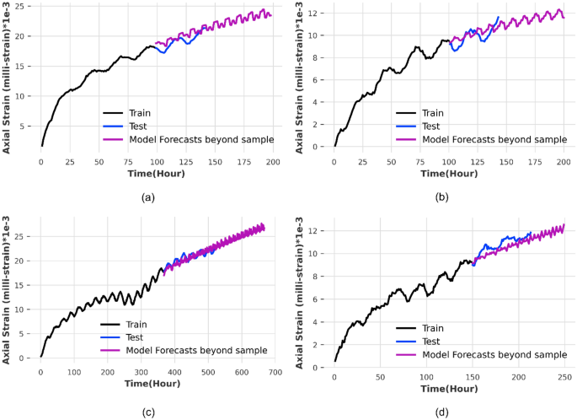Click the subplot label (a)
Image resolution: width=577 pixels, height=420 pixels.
point(145,197)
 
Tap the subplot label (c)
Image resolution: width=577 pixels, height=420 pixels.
point(145,412)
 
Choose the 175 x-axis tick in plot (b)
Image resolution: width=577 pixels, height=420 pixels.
point(535,161)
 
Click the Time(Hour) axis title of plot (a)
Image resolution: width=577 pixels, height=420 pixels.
point(156,174)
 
